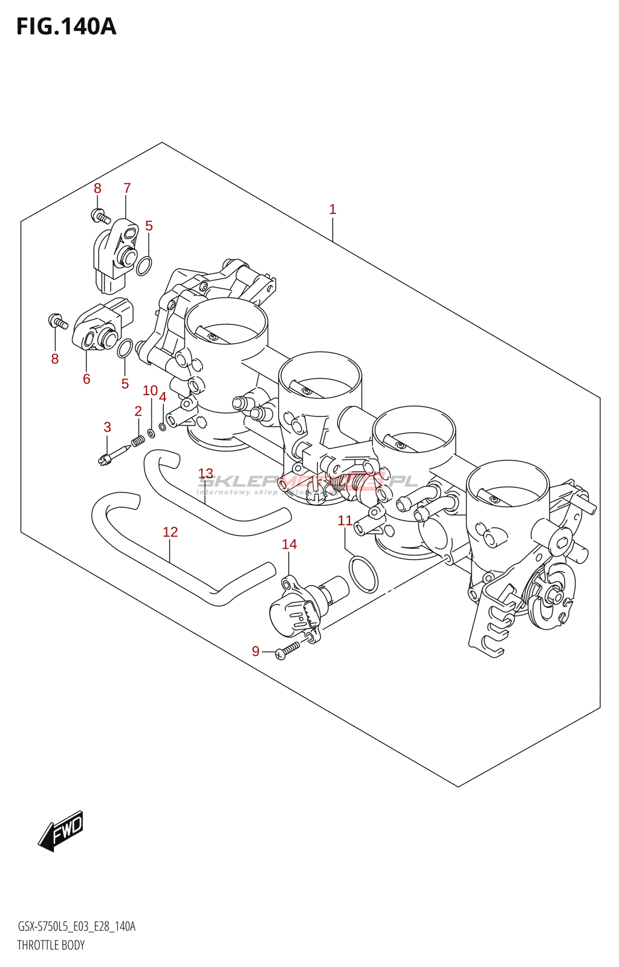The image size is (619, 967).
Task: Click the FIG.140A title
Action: pos(66,27)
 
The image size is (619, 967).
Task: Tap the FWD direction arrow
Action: pos(61,831)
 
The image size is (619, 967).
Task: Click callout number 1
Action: pos(332,209)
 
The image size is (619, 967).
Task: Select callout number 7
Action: pos(127,188)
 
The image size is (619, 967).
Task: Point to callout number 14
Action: pos(290,544)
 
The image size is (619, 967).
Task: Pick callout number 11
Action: pos(345,520)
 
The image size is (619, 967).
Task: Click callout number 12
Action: pos(170,532)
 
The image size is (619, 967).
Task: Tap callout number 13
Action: pos(206,473)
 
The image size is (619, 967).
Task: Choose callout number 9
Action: pos(256,651)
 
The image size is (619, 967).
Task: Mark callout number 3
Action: pos(108,427)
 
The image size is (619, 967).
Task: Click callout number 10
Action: pos(150,390)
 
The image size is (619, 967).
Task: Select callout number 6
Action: pos(86,379)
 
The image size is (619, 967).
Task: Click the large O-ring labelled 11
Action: pos(363,574)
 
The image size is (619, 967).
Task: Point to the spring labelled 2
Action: pos(138,442)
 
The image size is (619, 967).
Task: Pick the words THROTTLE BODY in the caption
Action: pos(51,945)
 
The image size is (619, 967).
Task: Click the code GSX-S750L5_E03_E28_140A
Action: pos(76,927)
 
